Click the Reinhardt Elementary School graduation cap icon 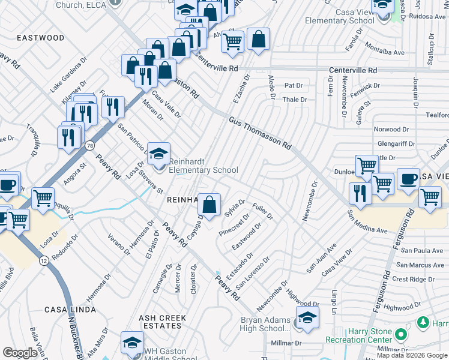pos(158,154)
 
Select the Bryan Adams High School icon pos(307,318)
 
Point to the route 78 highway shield pos(89,145)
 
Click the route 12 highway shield pos(44,260)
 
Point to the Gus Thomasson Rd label pos(259,133)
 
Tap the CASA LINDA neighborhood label pos(70,310)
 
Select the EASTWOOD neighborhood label pos(40,38)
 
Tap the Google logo pos(20,353)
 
